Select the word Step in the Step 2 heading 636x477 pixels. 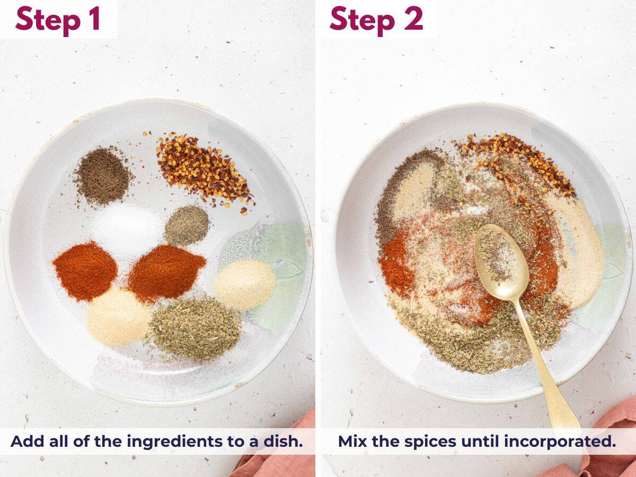[360, 20]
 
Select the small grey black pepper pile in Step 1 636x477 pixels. [186, 225]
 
